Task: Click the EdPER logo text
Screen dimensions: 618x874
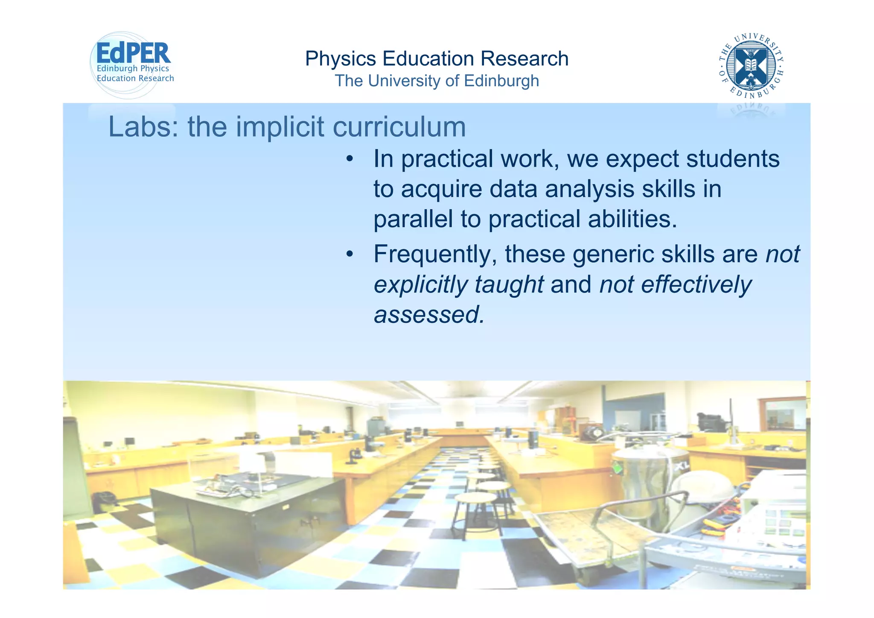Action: coord(133,54)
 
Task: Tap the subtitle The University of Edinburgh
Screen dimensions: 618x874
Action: coord(437,81)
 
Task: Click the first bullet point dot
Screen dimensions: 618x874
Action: coord(350,159)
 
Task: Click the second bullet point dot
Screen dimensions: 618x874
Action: coord(350,255)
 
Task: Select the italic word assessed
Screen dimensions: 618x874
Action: coord(429,315)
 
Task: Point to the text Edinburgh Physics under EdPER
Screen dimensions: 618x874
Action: coord(133,68)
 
